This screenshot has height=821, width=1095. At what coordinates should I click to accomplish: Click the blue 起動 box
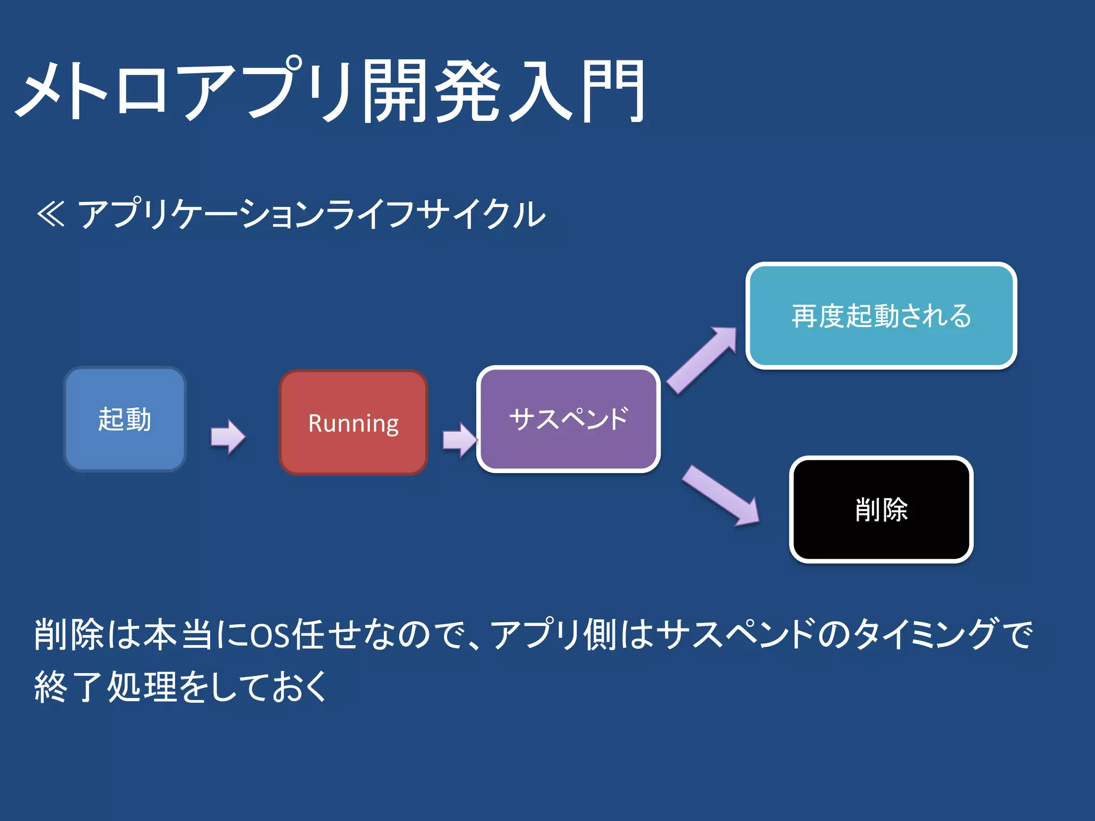pyautogui.click(x=125, y=419)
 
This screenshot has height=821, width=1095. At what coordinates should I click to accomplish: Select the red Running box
pyautogui.click(x=353, y=422)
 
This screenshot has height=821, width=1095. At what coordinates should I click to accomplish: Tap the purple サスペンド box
pyautogui.click(x=568, y=419)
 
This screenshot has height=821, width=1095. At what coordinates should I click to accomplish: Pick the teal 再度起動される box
pyautogui.click(x=881, y=315)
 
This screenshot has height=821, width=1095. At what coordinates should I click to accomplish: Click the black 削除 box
pyautogui.click(x=881, y=509)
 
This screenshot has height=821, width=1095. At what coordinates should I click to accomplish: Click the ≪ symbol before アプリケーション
pyautogui.click(x=51, y=214)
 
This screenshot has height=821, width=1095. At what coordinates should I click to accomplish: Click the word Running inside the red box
pyautogui.click(x=353, y=423)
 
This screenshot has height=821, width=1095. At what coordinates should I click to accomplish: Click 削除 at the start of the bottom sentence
pyautogui.click(x=68, y=634)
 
